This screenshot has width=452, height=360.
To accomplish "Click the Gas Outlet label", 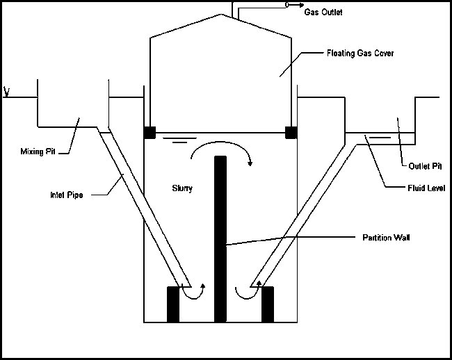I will (323, 13).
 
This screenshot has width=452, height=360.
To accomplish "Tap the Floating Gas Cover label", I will (360, 54).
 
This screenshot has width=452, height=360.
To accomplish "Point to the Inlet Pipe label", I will (66, 195).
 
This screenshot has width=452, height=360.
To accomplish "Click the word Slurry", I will (182, 188).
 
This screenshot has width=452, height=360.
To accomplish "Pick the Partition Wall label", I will (386, 237).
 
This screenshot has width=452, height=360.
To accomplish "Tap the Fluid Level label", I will (426, 186).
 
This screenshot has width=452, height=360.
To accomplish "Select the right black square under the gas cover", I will (291, 132).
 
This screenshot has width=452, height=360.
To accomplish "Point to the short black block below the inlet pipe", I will (173, 304).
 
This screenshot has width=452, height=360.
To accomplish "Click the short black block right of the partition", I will (268, 304).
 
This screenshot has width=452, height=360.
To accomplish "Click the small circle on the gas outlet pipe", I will (286, 6).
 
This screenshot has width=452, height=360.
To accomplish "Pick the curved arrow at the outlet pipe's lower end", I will (245, 291).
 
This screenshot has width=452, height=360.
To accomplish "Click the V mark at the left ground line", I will (6, 92).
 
